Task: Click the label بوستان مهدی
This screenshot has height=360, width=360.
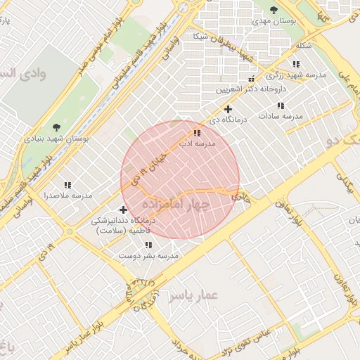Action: [272, 22]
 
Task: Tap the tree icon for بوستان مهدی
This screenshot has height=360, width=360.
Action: [274, 10]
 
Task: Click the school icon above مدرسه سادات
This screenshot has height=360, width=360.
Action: [281, 105]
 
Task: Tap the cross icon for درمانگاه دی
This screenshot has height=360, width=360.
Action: [228, 109]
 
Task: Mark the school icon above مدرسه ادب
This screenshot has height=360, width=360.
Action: [196, 132]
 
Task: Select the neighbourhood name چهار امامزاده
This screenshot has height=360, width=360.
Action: [176, 204]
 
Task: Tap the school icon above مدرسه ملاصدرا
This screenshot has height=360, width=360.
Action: [67, 184]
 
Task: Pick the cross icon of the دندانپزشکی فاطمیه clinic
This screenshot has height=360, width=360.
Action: [124, 209]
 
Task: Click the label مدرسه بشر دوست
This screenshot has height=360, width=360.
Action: [149, 256]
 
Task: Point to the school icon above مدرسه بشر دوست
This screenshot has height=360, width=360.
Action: [148, 245]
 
